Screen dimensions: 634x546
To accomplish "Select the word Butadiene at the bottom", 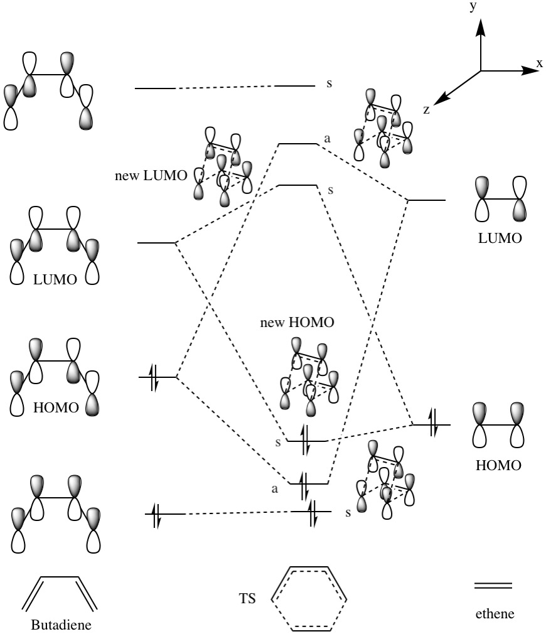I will coord(60,626).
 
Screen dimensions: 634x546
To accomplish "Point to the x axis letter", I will coord(539,63).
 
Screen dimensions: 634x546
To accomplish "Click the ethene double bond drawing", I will coord(493,586).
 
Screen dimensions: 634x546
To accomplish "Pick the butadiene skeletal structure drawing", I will coord(60,593).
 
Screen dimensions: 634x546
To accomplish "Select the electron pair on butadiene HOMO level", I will coord(154,377).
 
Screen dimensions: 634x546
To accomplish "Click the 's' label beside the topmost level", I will coord(329,83).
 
